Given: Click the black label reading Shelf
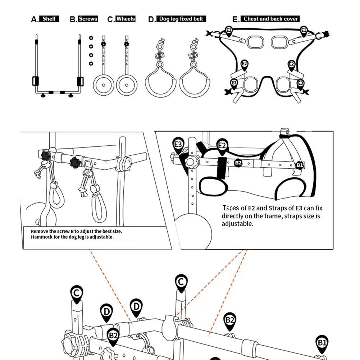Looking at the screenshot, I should (x=49, y=19).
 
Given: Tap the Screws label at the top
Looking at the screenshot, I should (x=88, y=19).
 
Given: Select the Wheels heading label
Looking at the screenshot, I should (x=126, y=19).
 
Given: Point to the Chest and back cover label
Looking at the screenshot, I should (x=271, y=19).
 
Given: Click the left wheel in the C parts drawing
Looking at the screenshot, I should (x=104, y=85).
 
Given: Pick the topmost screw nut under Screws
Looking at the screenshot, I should (x=91, y=38).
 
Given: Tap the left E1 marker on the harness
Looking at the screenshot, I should (x=229, y=30).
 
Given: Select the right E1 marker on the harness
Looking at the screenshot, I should (x=304, y=30).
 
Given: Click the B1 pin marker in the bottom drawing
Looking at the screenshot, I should (x=322, y=342).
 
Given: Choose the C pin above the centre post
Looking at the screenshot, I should (x=181, y=282).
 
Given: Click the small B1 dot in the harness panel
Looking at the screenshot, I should (x=299, y=165).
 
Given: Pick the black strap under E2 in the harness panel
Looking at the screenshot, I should (x=222, y=167).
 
